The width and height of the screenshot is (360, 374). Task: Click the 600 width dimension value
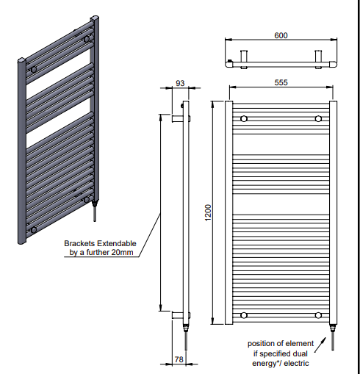[x=281, y=35]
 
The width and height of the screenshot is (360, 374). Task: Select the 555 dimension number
[x=281, y=82]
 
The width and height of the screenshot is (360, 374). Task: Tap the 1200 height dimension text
[x=208, y=212]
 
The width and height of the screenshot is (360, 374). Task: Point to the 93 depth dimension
[x=180, y=83]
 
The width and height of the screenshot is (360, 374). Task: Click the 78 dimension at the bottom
[x=179, y=359]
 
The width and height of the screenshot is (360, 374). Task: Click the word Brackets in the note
[x=79, y=243]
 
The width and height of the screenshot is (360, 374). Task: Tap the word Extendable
[x=117, y=243]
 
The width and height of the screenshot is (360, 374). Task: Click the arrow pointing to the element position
[x=320, y=345]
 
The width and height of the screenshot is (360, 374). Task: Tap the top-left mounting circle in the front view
[x=244, y=119]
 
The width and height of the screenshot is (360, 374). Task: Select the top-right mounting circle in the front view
[x=318, y=119]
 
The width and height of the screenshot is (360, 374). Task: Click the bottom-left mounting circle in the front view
[x=244, y=315]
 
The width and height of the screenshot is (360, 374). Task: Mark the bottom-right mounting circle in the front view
[x=318, y=315]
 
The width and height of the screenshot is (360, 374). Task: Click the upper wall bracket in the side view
[x=181, y=119]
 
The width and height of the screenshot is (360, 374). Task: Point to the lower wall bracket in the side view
[x=181, y=315]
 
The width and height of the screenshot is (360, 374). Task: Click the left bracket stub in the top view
[x=244, y=59]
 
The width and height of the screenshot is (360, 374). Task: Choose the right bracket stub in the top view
[x=318, y=59]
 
